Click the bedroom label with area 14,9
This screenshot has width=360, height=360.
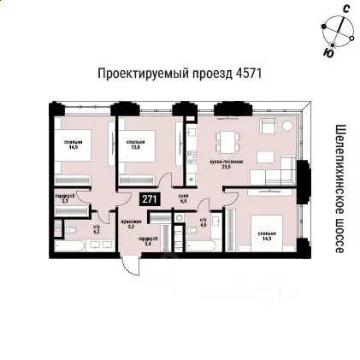tap(70, 144)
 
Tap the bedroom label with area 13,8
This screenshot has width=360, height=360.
tap(135, 144)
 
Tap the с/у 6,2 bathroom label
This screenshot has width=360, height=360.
tap(96, 228)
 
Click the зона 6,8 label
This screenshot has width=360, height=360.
tap(182, 198)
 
